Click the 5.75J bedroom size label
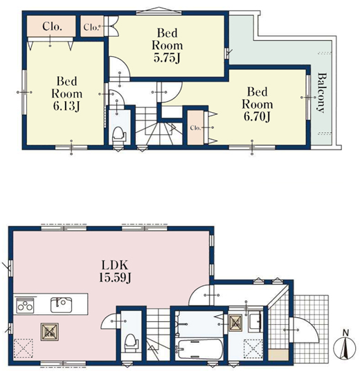click(167, 45)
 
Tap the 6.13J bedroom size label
click(66, 93)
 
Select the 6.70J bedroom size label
click(258, 104)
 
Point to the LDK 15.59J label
click(115, 271)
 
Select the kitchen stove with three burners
click(25, 305)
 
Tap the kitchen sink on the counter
click(62, 305)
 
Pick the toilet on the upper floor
click(118, 135)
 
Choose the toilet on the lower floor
click(131, 343)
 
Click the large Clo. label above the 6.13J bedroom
click(52, 26)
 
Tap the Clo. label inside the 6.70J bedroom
click(195, 128)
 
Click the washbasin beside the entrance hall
click(255, 322)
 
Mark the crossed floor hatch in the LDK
click(50, 332)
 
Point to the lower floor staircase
click(158, 335)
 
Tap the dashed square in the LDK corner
click(23, 348)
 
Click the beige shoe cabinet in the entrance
click(279, 355)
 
